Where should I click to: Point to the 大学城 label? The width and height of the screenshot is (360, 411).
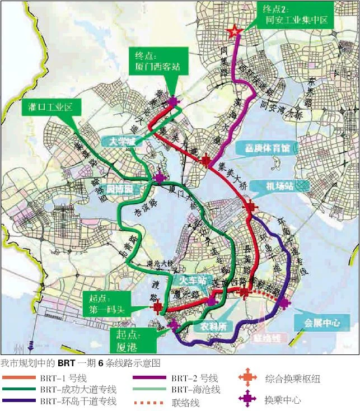coord(123,142)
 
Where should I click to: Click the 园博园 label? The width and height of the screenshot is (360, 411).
coord(120,190)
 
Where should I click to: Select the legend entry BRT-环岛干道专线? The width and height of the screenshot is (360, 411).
coord(78,401)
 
